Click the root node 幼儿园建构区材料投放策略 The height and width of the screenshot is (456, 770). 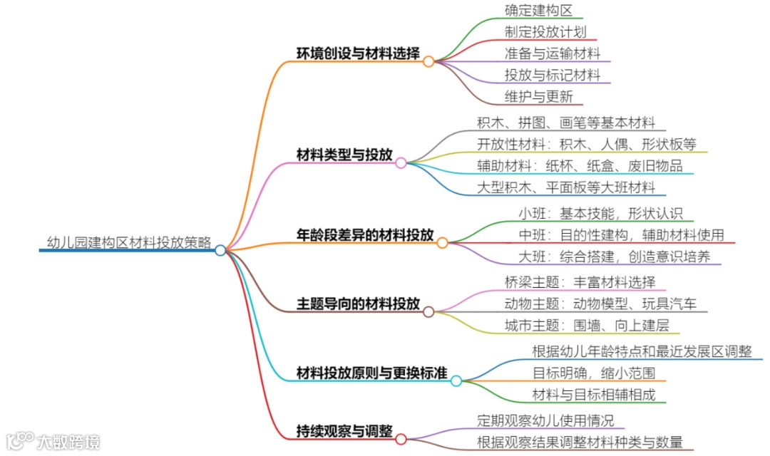point(128,242)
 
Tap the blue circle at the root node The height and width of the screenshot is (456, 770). point(220,250)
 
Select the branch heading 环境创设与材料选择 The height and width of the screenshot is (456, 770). point(358,54)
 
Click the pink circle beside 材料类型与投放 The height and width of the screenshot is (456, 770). point(401,163)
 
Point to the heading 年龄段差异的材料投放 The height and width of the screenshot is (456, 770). point(365,235)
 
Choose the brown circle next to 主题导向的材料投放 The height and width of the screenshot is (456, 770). point(428,312)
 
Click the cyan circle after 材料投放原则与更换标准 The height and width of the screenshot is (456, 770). point(456,381)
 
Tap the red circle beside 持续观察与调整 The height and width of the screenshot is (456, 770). point(401,439)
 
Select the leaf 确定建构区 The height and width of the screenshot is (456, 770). point(538,11)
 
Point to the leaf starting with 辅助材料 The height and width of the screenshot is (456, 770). point(580,166)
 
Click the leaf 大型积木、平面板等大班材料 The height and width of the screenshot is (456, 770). point(566,187)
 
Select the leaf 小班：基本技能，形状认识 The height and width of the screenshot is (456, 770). point(600,214)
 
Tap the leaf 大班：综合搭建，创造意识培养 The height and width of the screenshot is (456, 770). point(614,256)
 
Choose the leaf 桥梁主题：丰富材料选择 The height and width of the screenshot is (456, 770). point(580,281)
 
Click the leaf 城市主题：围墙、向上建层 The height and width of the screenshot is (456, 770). point(586,326)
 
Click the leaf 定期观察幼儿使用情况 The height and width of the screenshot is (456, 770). point(545,420)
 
